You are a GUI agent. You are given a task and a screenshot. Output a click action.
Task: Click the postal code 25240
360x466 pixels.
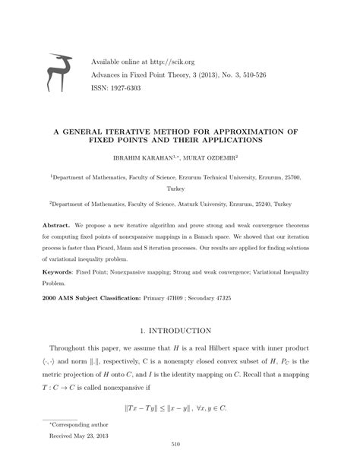(262, 205)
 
